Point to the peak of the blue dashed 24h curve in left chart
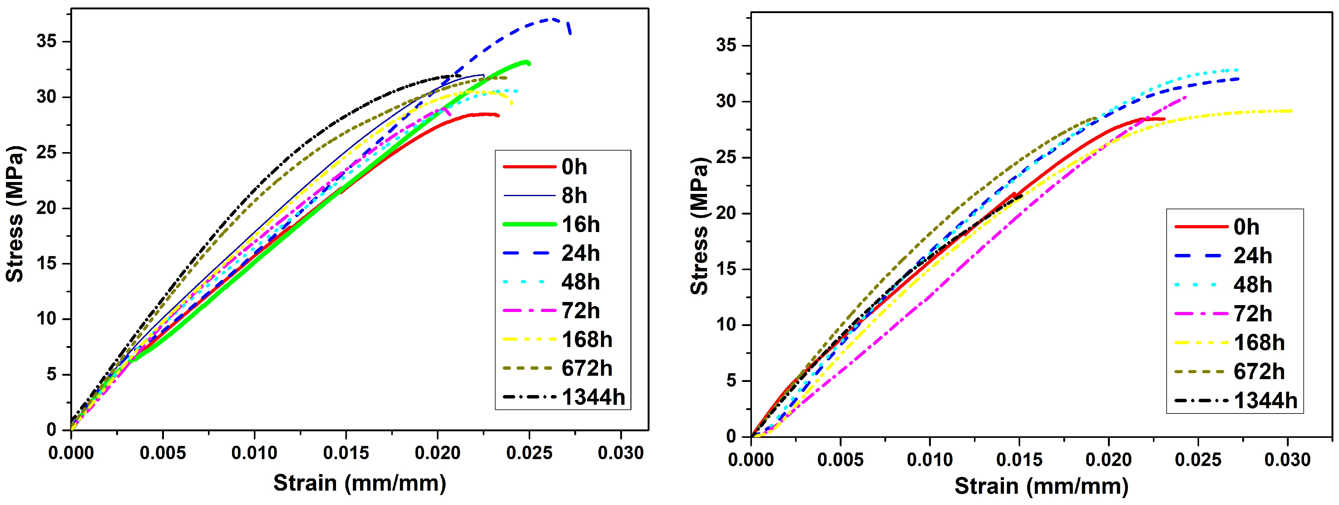(551, 19)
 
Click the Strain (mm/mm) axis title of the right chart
(1041, 486)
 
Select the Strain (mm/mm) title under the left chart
(360, 483)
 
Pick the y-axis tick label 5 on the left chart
(51, 374)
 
